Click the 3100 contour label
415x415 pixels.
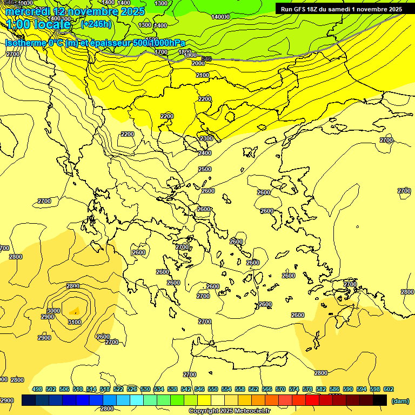tap(75, 323)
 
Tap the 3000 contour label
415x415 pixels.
tap(53, 311)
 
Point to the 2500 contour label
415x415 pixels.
tap(205, 169)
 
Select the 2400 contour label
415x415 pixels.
tap(205, 153)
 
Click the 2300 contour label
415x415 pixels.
tap(206, 139)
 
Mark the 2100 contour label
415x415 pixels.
tap(202, 75)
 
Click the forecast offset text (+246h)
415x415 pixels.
tap(96, 24)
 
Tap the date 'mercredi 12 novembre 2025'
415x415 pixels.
tap(75, 11)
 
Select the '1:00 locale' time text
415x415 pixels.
tap(38, 25)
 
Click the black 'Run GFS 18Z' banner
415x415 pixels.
tap(341, 9)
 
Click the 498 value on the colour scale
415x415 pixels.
tap(37, 389)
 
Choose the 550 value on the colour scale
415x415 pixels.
tap(212, 389)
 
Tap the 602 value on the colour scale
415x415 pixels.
tap(388, 389)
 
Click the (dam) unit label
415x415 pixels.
tap(400, 400)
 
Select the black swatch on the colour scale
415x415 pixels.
tap(380, 400)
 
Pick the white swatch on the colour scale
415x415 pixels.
tap(218, 400)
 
